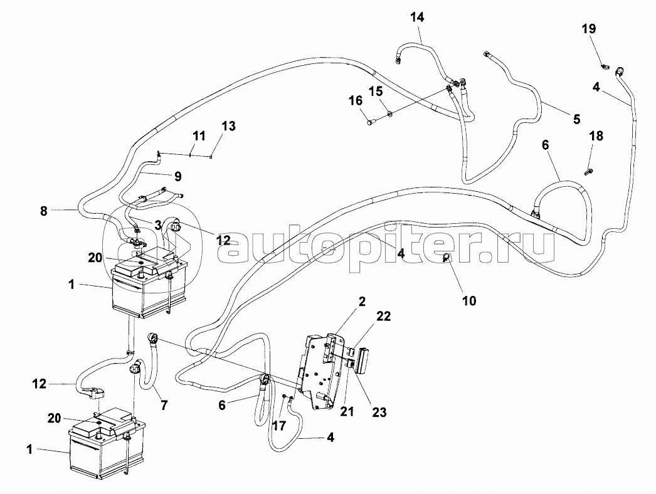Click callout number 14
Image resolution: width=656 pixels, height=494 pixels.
417,18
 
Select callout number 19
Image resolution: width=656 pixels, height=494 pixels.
588,29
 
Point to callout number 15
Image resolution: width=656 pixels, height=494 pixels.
375,92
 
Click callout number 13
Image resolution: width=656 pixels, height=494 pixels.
228,126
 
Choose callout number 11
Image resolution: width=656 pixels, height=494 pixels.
199,135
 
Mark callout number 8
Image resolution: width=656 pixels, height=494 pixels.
43,211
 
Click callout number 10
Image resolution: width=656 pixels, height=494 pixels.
470,301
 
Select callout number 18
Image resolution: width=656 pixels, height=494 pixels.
596,136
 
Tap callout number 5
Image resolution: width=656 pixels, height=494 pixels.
576,118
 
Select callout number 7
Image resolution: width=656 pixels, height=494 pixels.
164,406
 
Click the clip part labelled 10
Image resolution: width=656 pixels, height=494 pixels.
448,258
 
